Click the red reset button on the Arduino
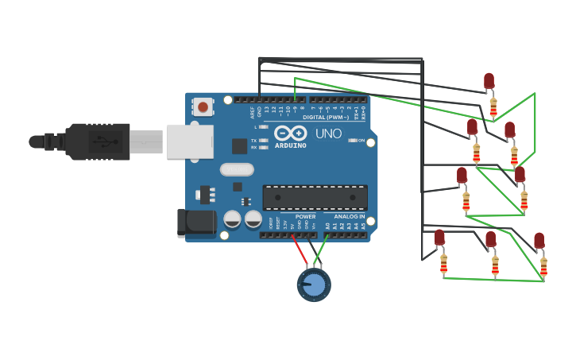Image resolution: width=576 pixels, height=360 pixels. [x=203, y=106]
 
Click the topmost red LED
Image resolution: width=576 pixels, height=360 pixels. [x=489, y=81]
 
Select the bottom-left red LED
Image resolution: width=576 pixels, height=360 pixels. [x=439, y=237]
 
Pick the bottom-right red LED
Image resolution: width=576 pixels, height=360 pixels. [x=539, y=240]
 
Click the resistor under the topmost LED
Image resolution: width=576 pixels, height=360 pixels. [x=493, y=106]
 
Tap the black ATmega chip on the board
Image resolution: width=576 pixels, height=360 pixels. [x=315, y=197]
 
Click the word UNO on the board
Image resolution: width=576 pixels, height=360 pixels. [x=328, y=134]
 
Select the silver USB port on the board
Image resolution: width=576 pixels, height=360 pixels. [x=190, y=141]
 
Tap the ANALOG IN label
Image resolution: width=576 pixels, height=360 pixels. [x=349, y=216]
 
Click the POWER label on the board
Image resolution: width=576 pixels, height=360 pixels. [x=305, y=216]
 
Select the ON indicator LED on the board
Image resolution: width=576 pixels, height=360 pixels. [x=353, y=140]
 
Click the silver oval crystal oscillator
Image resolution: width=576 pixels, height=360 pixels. [x=236, y=169]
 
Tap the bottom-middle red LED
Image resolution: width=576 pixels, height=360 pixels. [x=490, y=239]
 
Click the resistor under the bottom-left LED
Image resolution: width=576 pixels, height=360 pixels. [x=443, y=262]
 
